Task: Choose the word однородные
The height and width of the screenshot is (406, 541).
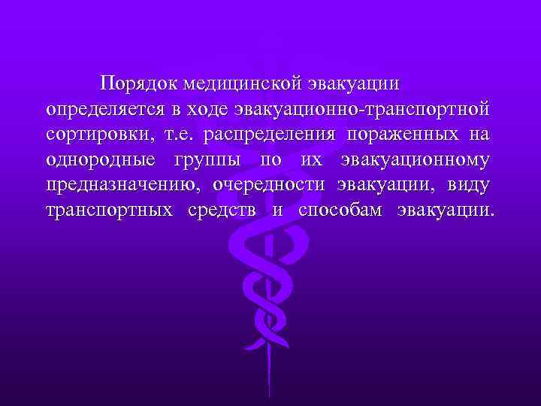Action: tap(101, 159)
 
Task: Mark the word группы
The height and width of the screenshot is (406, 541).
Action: tap(208, 159)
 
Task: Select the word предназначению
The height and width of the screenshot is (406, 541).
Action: tap(121, 185)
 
